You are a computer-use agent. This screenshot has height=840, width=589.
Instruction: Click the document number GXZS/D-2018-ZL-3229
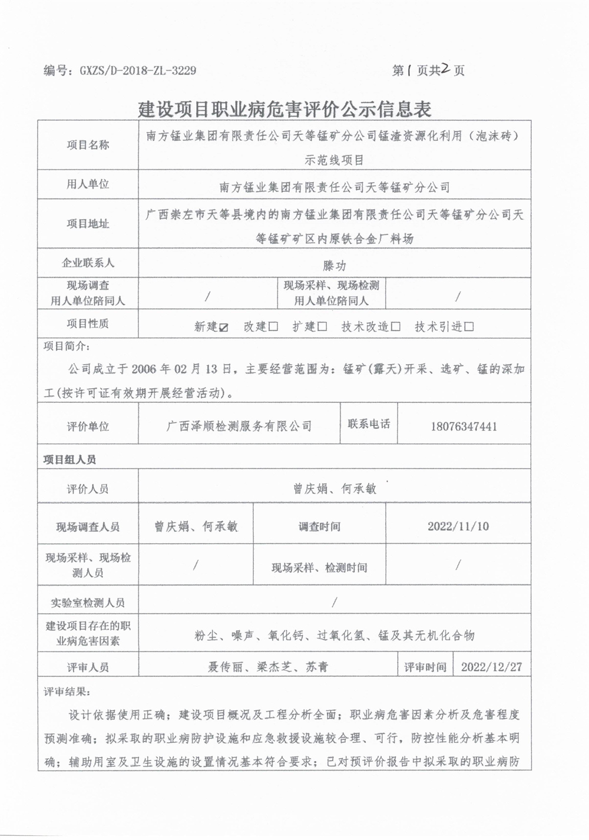click(x=137, y=71)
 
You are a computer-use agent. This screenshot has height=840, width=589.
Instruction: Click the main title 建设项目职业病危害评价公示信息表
click(x=285, y=109)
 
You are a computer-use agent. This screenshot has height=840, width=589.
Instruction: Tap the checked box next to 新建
click(x=223, y=327)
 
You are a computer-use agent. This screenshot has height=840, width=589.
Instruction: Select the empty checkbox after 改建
click(x=273, y=327)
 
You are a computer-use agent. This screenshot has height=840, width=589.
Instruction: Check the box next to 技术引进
click(x=469, y=327)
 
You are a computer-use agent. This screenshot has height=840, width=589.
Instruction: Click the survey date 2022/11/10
click(x=458, y=526)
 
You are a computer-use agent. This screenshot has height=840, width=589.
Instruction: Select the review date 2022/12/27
click(x=491, y=667)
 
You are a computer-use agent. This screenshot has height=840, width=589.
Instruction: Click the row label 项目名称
click(x=88, y=145)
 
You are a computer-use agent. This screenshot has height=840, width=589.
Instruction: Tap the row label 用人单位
click(x=88, y=184)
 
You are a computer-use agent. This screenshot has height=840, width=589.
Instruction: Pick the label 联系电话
click(x=369, y=424)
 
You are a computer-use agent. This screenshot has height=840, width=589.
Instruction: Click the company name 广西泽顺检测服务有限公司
click(x=239, y=426)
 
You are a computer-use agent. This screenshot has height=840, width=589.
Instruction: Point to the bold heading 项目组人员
click(x=70, y=459)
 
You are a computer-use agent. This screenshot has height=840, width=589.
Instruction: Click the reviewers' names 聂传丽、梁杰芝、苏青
click(x=267, y=667)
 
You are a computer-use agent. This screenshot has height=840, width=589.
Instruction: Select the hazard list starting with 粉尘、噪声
click(x=334, y=635)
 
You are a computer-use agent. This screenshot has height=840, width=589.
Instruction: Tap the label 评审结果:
click(x=68, y=691)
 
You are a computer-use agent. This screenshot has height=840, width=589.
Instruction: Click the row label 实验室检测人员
click(x=88, y=603)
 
